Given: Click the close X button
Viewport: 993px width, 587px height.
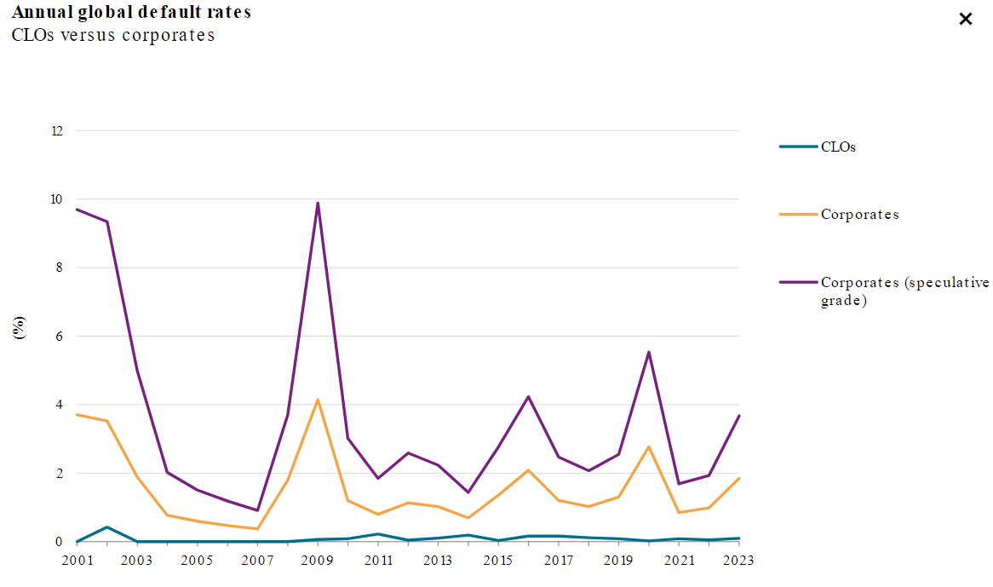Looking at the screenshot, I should click(x=965, y=19).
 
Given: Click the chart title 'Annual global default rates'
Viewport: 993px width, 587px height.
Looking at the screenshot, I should click(x=131, y=14).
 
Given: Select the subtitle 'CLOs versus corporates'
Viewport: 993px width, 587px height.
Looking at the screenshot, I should click(x=112, y=35).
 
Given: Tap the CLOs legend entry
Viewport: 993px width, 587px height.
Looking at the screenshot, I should click(x=838, y=147).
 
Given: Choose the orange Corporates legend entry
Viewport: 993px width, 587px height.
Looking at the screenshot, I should click(x=859, y=215).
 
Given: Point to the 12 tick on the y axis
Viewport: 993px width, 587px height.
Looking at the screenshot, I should click(x=57, y=131).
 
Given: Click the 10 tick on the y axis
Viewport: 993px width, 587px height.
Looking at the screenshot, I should click(x=57, y=199).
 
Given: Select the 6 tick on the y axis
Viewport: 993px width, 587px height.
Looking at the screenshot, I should click(x=60, y=337).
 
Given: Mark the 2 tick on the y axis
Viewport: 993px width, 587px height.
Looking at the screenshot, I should click(x=60, y=474).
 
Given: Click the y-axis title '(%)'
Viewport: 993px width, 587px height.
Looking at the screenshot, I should click(x=20, y=328).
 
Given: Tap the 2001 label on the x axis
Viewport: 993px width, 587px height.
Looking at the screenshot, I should click(x=77, y=561).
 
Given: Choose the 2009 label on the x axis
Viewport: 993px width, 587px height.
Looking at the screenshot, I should click(x=318, y=561).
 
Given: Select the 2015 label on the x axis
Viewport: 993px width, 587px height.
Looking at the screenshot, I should click(x=498, y=561).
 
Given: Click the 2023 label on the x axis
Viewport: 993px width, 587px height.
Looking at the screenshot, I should click(x=738, y=561).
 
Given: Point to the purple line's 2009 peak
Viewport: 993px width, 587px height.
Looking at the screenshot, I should click(x=318, y=203).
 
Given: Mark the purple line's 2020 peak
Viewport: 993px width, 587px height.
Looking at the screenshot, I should click(x=649, y=352).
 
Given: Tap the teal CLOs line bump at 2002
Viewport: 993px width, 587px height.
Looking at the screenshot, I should click(x=106, y=527).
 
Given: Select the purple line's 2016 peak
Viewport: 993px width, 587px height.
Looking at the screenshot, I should click(x=528, y=396).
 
